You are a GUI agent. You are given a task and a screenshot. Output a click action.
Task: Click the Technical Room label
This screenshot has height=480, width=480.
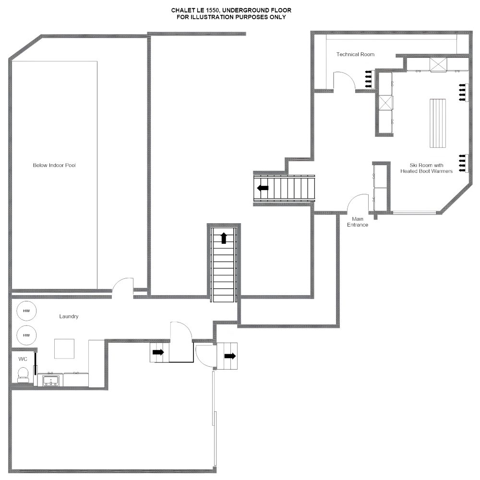[355, 55]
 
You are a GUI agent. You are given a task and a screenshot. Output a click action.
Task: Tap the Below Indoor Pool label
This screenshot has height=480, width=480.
[54, 165]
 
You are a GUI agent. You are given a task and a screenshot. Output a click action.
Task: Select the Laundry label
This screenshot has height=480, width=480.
[69, 316]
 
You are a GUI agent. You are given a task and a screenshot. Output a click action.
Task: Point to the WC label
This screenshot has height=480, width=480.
[23, 359]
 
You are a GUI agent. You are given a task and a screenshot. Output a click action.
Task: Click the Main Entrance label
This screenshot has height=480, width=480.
[358, 222]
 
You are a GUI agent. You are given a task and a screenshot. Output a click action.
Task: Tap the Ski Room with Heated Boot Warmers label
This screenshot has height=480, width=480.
[426, 168]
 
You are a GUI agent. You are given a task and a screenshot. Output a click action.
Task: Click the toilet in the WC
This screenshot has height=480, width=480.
[23, 375]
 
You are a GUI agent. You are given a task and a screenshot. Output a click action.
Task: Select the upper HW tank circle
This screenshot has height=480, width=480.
[26, 311]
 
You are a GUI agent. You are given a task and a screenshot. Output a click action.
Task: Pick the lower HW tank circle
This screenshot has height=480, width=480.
[26, 335]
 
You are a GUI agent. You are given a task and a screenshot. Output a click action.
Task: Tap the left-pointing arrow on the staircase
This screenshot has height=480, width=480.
[263, 188]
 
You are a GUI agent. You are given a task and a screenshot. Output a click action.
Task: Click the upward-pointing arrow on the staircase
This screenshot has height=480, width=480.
[224, 238]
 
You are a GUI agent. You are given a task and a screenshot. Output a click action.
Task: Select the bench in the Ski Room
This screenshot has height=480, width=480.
[438, 123]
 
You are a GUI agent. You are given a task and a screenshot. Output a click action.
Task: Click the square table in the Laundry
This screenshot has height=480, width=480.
[64, 348]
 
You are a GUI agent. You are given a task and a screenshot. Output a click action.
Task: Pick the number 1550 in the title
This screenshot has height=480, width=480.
[213, 11]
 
